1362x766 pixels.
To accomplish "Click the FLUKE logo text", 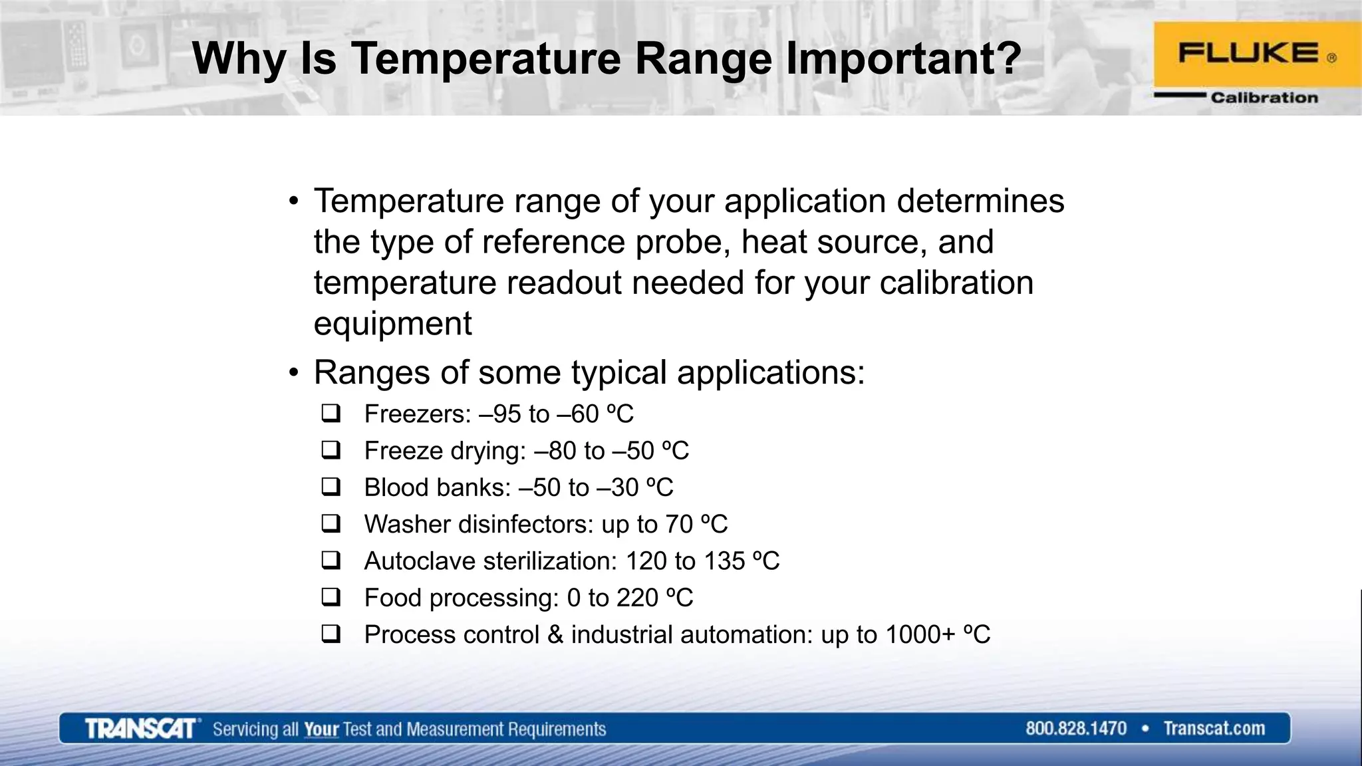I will click(1248, 53).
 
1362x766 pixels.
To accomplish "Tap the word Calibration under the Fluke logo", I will click(1264, 98).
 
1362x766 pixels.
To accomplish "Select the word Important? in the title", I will click(903, 59).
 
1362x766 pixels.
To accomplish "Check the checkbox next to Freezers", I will click(331, 414).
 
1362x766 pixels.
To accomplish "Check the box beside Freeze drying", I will click(331, 450).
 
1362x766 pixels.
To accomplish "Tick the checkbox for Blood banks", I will click(331, 487).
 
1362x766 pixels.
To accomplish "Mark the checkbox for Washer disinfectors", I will click(331, 523).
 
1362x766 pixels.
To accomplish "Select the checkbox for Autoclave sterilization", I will click(331, 561).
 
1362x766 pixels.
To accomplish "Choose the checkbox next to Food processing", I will click(331, 597).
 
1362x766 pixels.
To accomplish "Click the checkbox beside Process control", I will click(331, 634).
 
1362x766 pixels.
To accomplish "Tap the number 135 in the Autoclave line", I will click(724, 561).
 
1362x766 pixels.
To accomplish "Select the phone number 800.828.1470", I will click(1076, 729).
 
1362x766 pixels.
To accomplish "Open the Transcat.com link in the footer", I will click(1214, 729).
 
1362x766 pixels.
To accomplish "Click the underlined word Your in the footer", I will click(321, 729).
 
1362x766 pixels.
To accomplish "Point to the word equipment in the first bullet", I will click(392, 324).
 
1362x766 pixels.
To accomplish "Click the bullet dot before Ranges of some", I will click(294, 372).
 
